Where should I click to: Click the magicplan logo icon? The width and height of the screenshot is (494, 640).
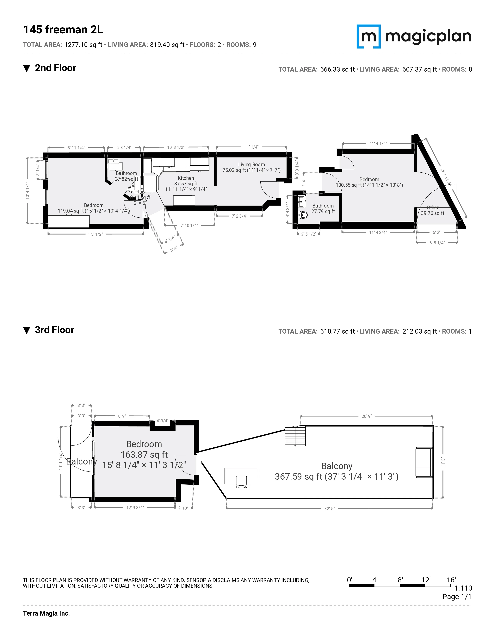point(368,36)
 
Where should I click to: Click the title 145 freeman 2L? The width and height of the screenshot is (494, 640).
point(63,30)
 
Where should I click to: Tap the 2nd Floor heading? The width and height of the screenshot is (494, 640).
point(55,68)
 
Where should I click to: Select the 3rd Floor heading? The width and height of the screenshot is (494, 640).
point(54,330)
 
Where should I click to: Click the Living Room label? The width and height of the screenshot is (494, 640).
point(251,165)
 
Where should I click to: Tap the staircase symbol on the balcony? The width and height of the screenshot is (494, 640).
point(295,436)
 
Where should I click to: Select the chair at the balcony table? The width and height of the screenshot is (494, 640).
point(241,482)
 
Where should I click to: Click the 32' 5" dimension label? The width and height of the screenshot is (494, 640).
point(329,509)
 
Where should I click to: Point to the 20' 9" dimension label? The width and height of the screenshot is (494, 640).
point(366,416)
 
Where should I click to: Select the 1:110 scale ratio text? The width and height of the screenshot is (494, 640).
point(463,588)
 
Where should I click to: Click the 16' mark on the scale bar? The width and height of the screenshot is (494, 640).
point(451,580)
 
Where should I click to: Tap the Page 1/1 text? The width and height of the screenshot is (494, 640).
point(457,597)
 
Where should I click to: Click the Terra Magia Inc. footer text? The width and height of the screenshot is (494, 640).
point(46,613)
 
